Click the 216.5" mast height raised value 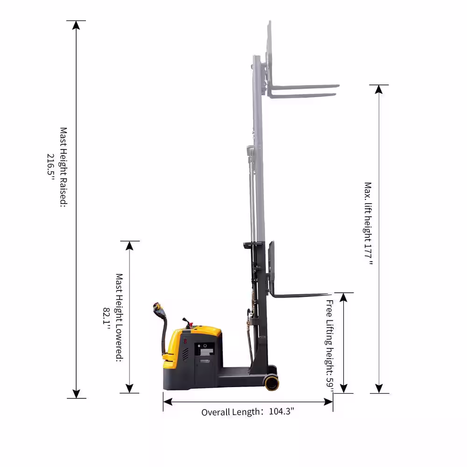tap(51, 167)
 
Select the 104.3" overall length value tap(282, 411)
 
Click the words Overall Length tap(231, 412)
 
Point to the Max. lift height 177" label tap(368, 223)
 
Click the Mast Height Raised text tap(64, 167)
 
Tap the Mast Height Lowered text tap(119, 318)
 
